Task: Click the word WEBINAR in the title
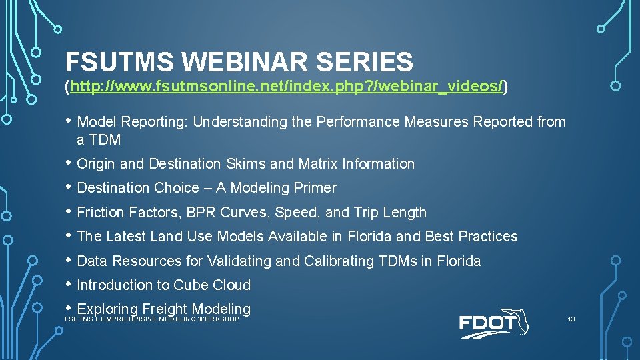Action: pos(245,62)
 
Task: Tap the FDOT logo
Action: pos(493,324)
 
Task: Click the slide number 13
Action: pos(571,319)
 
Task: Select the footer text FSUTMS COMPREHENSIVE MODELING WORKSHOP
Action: pos(151,319)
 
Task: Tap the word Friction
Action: pos(100,213)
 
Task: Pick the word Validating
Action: pos(242,261)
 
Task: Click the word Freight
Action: pos(164,309)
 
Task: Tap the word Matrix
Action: pos(318,164)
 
